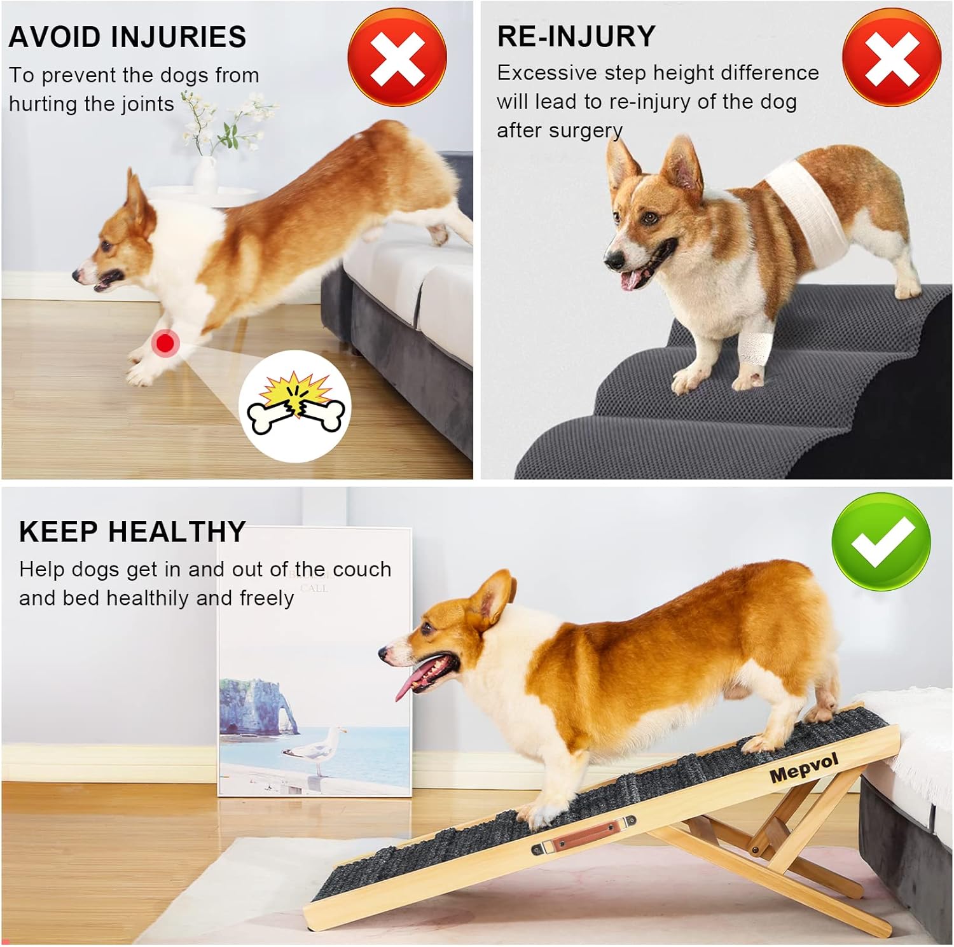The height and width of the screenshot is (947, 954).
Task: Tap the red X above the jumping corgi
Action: pos(397,57)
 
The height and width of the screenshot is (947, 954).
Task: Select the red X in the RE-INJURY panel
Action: pos(892,57)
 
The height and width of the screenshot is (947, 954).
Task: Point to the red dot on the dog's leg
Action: pos(165,343)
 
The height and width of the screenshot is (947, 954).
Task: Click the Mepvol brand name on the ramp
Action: pos(805,768)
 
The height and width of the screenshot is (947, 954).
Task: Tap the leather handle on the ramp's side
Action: pos(583,836)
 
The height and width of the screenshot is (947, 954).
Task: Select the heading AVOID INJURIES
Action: pos(127,37)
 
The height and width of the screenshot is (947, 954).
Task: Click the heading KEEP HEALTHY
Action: pos(132,531)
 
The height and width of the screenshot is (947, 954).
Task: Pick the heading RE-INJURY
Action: pos(576,36)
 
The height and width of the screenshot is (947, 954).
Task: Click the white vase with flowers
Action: pos(205,173)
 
